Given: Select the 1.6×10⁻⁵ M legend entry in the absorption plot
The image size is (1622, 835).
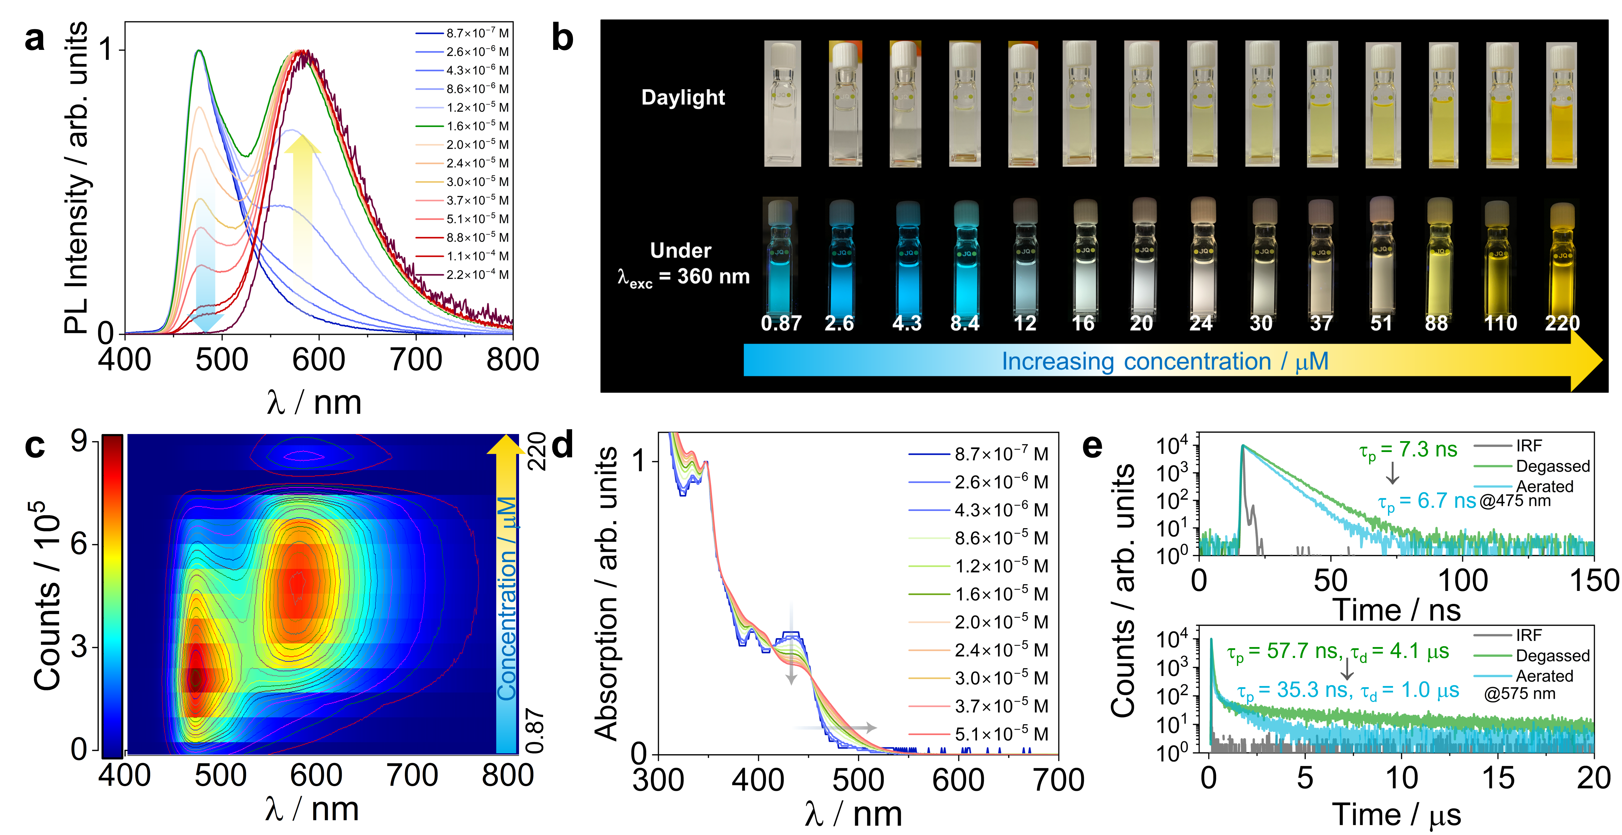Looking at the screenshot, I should [x=1001, y=594].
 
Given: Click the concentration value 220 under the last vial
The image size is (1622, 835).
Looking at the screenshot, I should [x=1562, y=323].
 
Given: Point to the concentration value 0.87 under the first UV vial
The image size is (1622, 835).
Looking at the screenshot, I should [x=781, y=323].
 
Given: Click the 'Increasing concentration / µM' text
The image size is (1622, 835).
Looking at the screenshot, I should [x=1165, y=361].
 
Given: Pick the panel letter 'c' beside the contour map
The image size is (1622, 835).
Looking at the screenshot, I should [x=35, y=446].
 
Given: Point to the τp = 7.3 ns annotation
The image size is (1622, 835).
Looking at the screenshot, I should [x=1408, y=450].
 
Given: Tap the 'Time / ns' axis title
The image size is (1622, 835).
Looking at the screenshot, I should [x=1396, y=610].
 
